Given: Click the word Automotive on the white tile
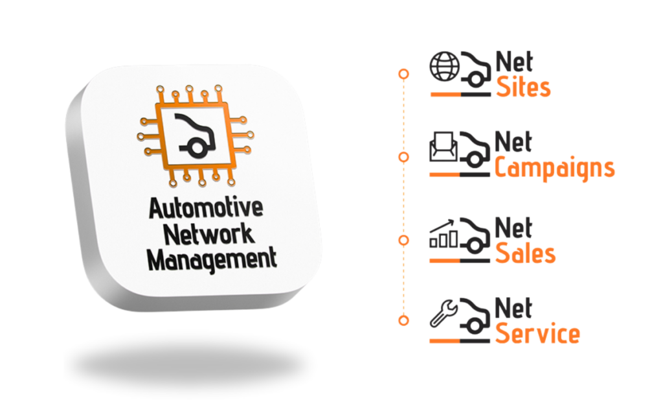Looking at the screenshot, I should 207,209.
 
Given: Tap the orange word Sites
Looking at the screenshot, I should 523,87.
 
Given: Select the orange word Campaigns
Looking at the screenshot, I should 554,167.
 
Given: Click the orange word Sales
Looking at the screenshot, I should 525,253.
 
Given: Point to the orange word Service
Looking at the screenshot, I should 537,334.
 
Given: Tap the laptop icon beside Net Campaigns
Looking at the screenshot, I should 443,147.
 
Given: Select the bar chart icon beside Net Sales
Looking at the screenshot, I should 443,235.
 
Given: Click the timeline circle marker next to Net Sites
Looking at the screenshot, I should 403,73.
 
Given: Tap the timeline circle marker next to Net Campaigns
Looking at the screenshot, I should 403,156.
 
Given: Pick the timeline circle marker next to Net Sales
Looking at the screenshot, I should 403,239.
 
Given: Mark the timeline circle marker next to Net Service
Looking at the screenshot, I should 403,320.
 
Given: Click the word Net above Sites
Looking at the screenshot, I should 514,63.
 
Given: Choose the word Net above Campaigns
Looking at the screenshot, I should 514,143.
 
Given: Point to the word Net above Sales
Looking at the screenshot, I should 514,229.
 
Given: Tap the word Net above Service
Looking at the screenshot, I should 514,309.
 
